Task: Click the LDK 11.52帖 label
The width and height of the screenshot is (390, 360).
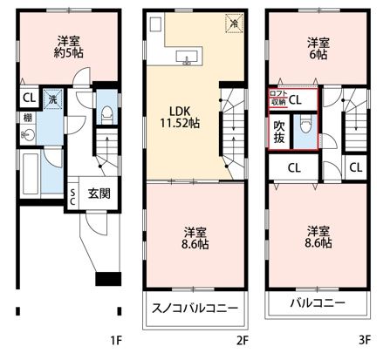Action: pos(180,117)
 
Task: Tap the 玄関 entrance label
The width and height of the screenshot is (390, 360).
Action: pos(99,193)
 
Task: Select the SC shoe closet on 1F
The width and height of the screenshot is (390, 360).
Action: pos(72,197)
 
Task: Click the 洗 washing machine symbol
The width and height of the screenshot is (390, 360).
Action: pos(52,99)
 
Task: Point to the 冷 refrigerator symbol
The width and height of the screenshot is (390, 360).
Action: pos(234,24)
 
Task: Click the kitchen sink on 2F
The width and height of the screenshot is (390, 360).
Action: pos(187,57)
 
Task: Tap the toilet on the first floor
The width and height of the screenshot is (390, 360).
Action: pos(106,114)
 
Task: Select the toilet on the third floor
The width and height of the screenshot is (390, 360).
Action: pos(305,125)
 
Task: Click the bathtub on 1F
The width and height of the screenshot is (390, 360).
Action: pos(31,173)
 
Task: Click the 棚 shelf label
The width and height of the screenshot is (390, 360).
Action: pos(27,118)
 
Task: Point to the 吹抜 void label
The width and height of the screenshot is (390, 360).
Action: pos(279,132)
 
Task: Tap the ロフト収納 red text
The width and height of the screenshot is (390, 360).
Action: pos(279,98)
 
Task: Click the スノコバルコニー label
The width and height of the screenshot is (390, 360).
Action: pos(195,308)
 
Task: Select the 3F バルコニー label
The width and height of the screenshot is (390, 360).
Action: pos(318,303)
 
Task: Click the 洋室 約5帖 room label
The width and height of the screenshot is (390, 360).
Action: pos(68,46)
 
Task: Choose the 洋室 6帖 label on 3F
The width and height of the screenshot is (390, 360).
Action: pos(318,49)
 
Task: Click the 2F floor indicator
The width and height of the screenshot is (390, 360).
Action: pos(243,340)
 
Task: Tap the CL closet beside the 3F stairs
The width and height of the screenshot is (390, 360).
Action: pos(356,167)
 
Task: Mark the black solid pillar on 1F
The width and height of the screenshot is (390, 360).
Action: pos(108,279)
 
